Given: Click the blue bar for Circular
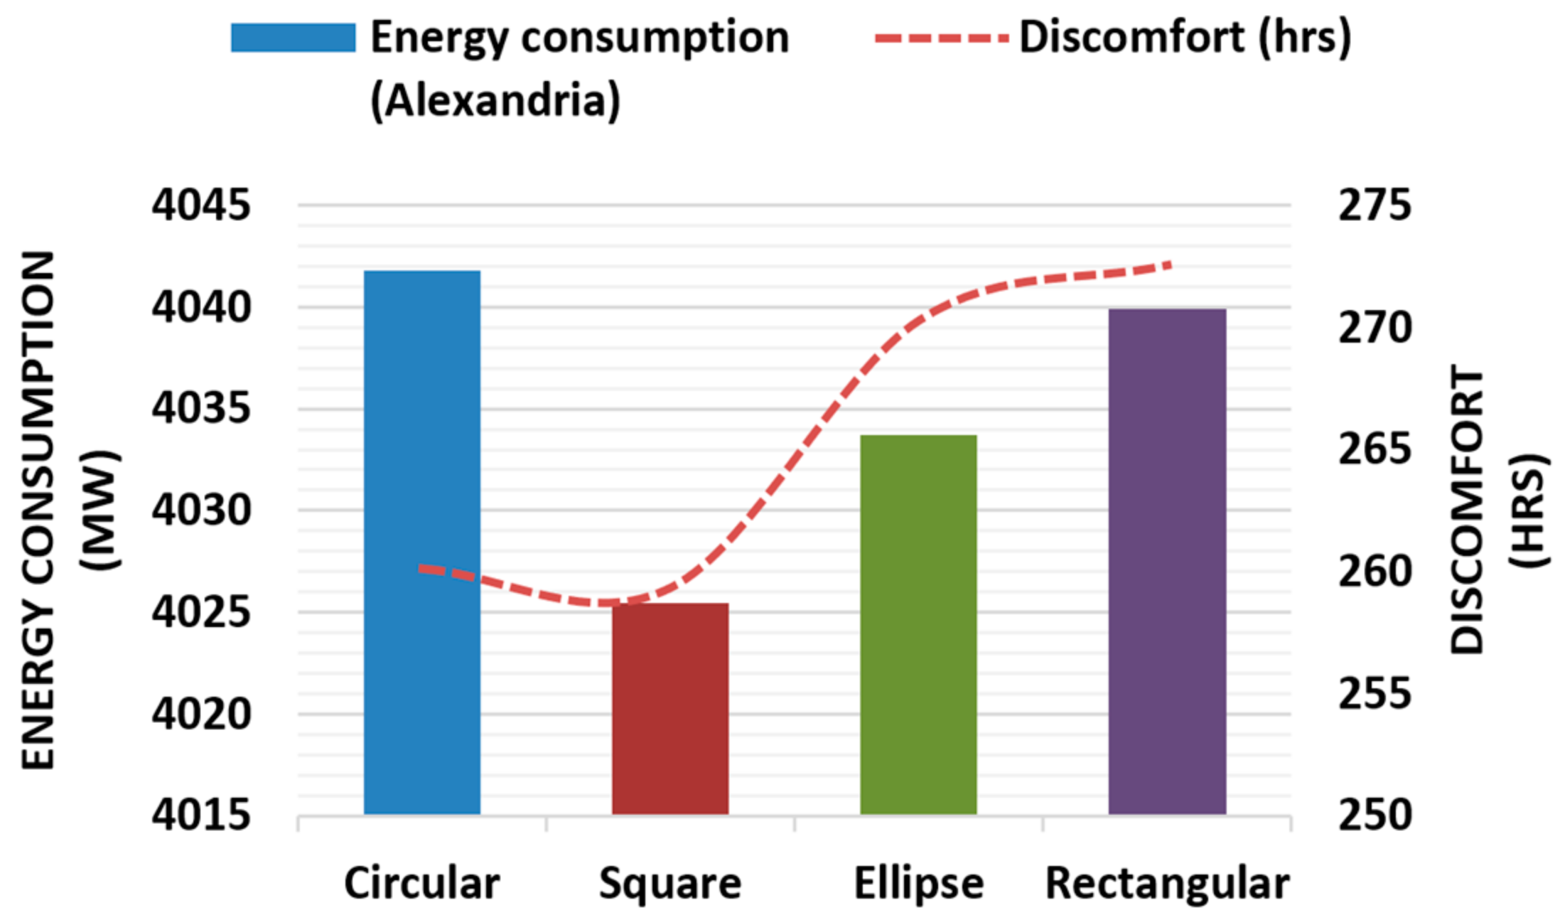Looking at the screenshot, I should coord(422,542).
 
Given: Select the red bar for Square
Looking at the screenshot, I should coord(670,708).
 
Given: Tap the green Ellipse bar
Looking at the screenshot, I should coord(918,624).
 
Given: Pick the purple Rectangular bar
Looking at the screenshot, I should coord(1167,562).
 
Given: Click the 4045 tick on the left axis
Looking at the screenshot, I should coord(201,205).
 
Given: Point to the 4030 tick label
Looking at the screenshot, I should coord(201,510).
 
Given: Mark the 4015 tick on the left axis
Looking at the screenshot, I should coord(201,815).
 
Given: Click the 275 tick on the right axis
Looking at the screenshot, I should coord(1375,205).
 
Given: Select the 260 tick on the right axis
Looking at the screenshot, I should coord(1375,572).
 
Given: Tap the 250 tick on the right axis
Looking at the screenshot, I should coord(1375,815).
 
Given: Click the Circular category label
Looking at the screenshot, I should coord(422,884).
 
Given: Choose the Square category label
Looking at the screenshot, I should coord(670,884).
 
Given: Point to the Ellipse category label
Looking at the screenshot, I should coord(918,884).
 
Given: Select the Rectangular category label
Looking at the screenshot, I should coord(1167,884).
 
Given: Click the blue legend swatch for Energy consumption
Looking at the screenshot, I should coord(293,38).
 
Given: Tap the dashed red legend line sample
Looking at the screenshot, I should coord(941,38).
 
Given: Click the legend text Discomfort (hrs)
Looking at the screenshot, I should coord(1185,38).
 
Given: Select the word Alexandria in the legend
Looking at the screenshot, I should coord(495,100).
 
